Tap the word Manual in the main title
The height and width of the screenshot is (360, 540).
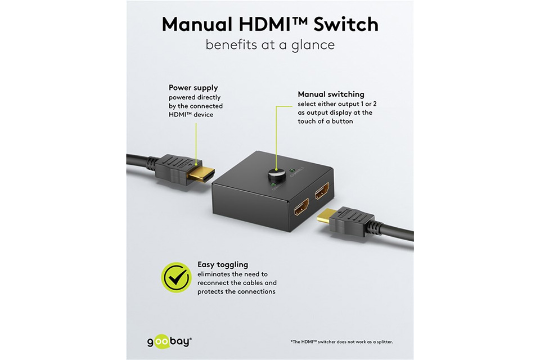(197, 24)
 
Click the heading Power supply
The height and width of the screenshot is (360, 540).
(193, 88)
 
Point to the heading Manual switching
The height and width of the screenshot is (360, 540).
(331, 94)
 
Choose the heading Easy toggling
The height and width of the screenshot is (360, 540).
(223, 265)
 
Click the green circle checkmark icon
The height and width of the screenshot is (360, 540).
(176, 277)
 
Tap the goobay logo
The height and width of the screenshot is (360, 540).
(169, 342)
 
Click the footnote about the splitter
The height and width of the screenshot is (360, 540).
(341, 342)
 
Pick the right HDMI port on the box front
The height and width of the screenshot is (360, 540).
(322, 191)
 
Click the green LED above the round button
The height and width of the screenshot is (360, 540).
(292, 170)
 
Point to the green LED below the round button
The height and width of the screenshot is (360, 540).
(273, 185)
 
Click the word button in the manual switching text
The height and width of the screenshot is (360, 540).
(341, 121)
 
